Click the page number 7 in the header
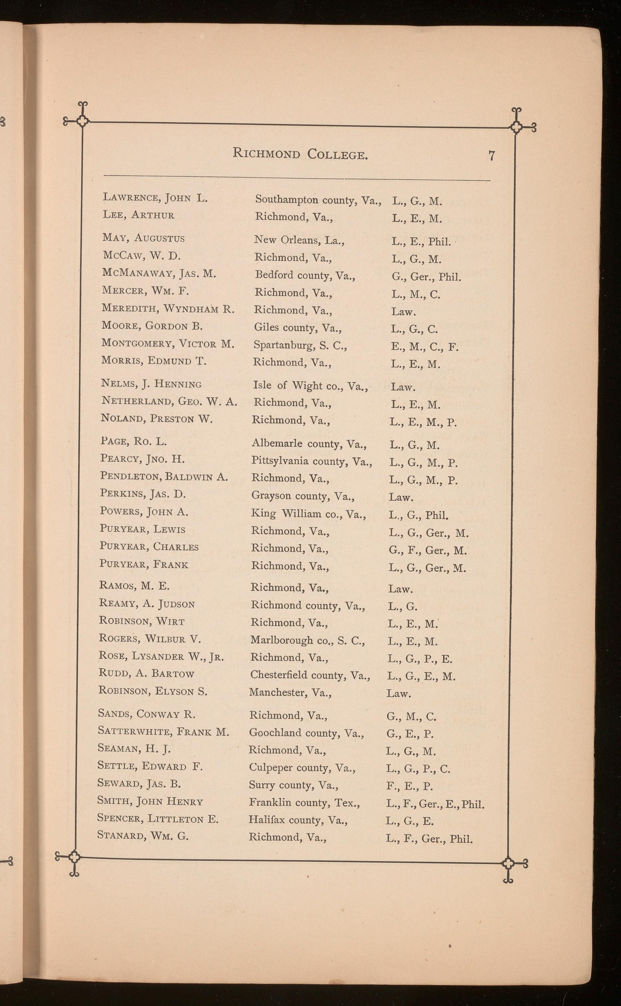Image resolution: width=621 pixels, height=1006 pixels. [x=492, y=156]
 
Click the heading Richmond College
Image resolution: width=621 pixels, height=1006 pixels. [x=300, y=154]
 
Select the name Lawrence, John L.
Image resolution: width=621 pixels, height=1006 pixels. [x=155, y=198]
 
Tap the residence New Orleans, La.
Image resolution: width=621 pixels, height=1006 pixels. [x=299, y=240]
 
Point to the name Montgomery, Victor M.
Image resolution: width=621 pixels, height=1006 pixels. [x=168, y=344]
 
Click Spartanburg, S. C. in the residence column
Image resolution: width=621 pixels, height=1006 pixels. [x=300, y=345]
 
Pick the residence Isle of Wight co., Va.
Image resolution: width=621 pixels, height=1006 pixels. [x=310, y=385]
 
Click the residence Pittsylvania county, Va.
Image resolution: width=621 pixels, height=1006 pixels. [x=312, y=461]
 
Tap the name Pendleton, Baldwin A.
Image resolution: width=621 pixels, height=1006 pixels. [x=164, y=477]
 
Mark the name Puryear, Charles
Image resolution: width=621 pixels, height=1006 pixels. [x=149, y=547]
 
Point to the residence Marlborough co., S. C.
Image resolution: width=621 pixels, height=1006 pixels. [x=307, y=640]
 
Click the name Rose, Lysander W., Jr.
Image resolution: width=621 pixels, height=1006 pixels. [x=161, y=656]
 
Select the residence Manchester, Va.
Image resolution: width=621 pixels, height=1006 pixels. [x=290, y=693]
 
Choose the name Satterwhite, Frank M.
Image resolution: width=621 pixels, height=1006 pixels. [x=163, y=732]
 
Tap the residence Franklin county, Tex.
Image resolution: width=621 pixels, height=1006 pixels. [x=304, y=803]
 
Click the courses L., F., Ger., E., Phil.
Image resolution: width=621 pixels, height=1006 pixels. [x=436, y=804]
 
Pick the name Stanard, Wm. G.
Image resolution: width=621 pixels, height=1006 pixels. [x=143, y=836]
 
